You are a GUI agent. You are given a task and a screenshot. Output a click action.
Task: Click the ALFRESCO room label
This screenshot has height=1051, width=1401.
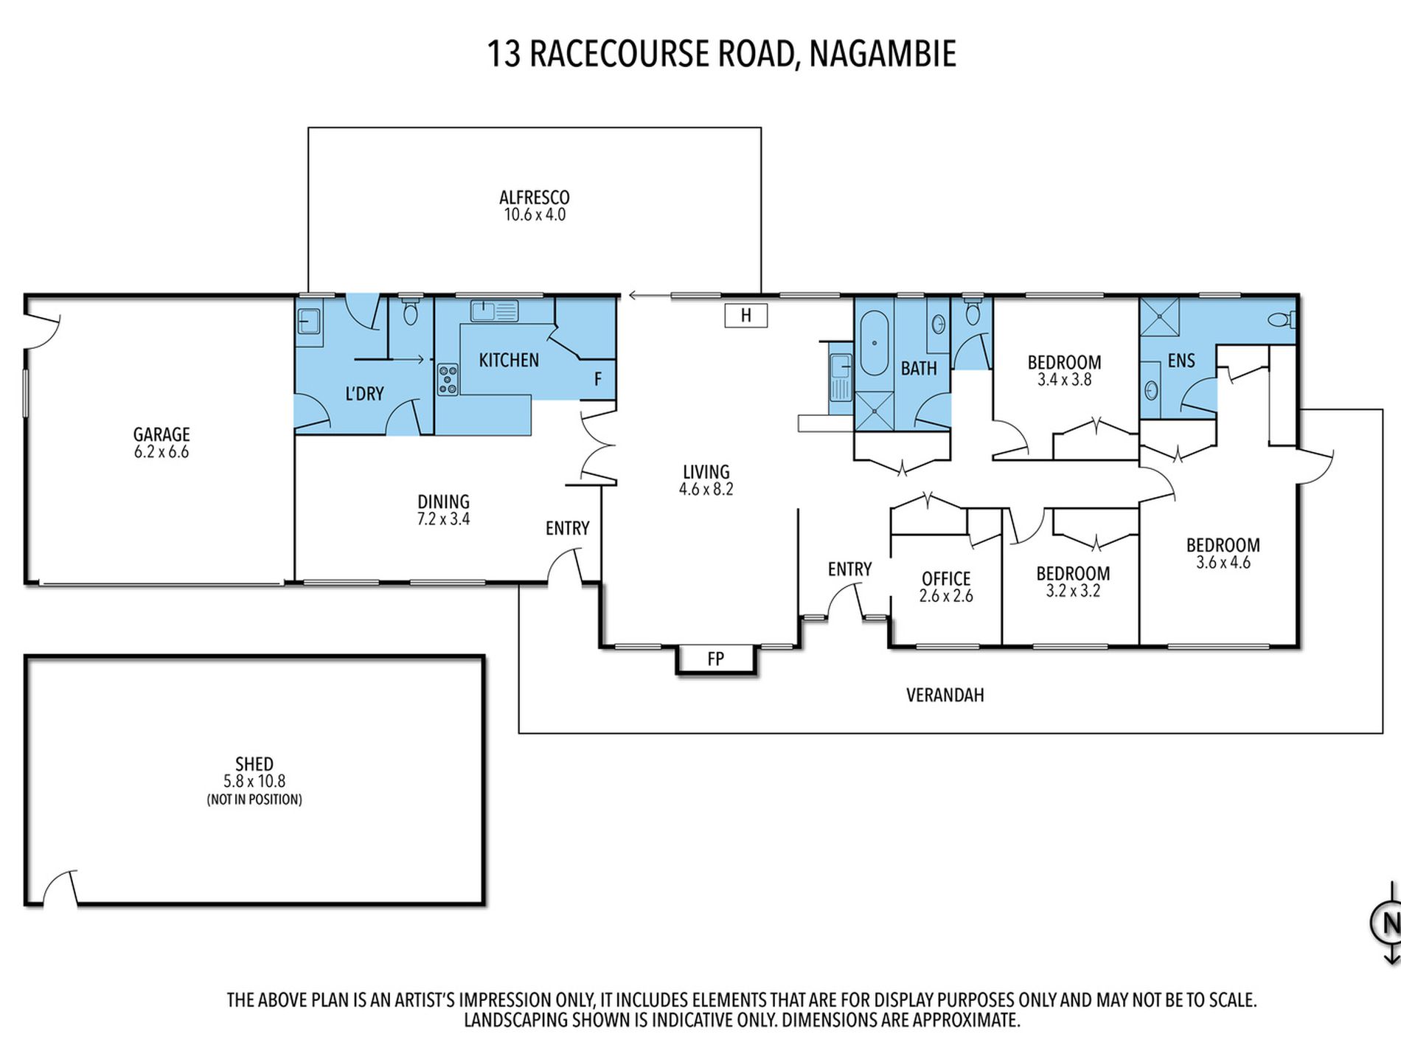535,198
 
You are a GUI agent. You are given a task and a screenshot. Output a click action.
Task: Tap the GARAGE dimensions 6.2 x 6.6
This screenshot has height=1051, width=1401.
161,452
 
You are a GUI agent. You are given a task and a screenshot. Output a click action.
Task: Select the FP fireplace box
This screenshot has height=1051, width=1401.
716,659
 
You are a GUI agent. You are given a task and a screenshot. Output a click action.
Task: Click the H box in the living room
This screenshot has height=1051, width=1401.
746,315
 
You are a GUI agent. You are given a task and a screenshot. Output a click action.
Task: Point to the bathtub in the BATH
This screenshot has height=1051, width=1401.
875,343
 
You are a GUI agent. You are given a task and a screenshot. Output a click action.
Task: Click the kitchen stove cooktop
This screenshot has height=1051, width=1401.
448,379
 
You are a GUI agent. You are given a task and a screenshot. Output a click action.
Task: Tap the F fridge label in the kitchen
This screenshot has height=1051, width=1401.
598,379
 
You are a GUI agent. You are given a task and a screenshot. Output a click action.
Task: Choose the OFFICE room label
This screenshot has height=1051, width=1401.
946,579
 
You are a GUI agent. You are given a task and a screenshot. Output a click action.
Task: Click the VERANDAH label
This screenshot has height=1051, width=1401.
945,695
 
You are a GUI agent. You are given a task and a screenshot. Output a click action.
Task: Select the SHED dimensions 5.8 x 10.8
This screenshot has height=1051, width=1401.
254,781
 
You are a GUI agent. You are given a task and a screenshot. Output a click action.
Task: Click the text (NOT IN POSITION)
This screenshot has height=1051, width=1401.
254,799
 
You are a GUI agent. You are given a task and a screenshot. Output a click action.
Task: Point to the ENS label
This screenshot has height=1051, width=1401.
1181,361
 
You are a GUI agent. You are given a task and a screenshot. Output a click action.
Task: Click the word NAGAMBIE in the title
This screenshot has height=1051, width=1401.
883,54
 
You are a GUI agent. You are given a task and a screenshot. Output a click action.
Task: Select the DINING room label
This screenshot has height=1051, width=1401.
443,502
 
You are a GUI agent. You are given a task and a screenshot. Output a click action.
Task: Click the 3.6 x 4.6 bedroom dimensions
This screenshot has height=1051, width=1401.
1223,563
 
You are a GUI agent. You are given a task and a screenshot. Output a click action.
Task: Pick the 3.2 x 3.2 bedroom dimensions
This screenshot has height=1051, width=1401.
1073,591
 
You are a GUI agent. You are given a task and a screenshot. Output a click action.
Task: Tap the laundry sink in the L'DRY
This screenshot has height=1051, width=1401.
310,322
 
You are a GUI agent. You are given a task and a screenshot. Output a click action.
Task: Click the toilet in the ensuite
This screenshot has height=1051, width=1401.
1282,319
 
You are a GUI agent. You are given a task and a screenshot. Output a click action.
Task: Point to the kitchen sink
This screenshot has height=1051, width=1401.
494,311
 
